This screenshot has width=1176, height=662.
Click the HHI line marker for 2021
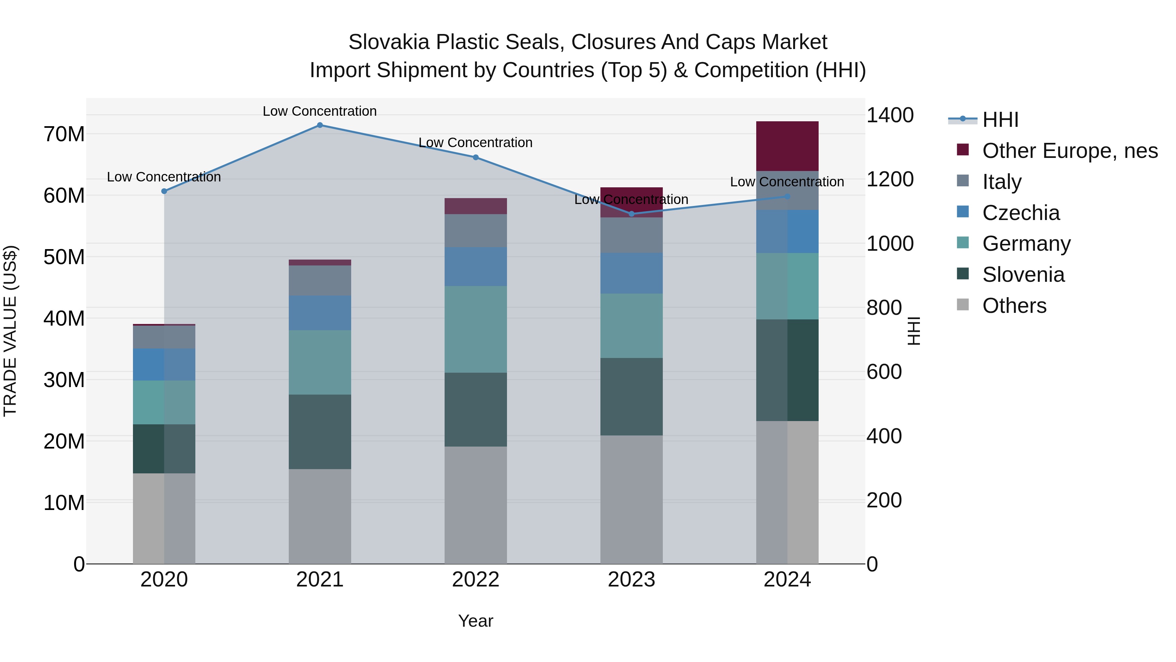point(319,125)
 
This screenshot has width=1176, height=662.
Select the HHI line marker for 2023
point(631,214)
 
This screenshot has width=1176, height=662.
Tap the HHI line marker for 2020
point(164,192)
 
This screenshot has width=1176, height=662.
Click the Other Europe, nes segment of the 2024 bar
point(787,146)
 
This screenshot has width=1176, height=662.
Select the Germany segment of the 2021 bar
point(319,362)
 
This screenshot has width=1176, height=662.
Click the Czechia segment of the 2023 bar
point(631,273)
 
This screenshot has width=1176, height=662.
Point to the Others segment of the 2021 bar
point(319,516)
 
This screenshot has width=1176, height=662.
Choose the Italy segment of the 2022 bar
point(475,231)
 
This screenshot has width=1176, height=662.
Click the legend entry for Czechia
point(1021,213)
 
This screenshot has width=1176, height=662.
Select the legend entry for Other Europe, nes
point(1070,151)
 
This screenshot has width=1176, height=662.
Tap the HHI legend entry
point(1000,120)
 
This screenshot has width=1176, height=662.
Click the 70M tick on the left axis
point(64,134)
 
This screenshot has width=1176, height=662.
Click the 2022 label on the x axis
point(475,580)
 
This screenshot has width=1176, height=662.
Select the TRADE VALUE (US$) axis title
point(10,331)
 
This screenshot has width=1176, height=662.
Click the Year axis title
point(475,621)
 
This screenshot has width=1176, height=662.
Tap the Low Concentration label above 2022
point(475,143)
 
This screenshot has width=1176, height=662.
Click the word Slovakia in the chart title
point(389,42)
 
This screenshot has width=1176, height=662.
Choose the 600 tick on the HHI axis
point(884,372)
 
